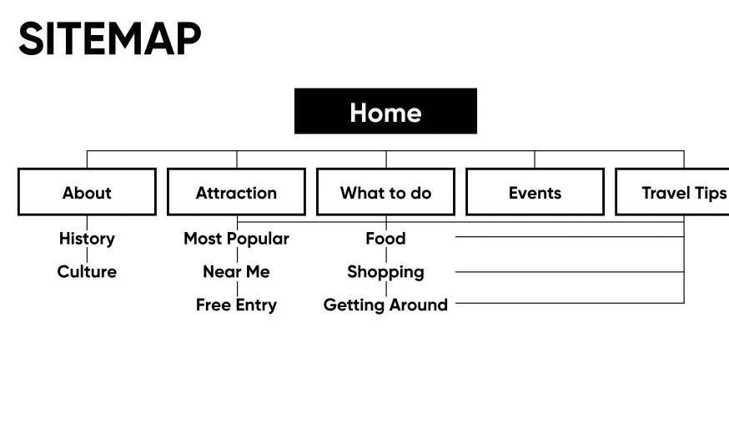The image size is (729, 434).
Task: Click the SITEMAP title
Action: [x=110, y=38]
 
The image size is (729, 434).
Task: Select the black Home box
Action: [x=385, y=111]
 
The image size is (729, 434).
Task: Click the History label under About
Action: [x=87, y=239]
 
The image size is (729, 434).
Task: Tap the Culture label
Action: [x=87, y=271]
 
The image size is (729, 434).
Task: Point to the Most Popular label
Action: [x=236, y=239]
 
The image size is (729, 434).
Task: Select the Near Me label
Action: [x=236, y=271]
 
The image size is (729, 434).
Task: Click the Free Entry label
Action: [x=236, y=305]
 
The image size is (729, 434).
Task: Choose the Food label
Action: [x=385, y=239]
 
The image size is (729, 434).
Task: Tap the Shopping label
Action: [x=385, y=272]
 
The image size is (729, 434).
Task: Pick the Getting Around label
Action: [x=385, y=305]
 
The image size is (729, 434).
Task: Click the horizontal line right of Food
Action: [x=570, y=237]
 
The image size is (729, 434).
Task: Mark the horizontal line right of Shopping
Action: [x=570, y=271]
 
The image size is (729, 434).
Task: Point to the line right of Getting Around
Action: [x=570, y=303]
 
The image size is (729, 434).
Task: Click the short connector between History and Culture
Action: [x=87, y=255]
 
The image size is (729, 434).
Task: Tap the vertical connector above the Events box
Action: [x=535, y=159]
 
